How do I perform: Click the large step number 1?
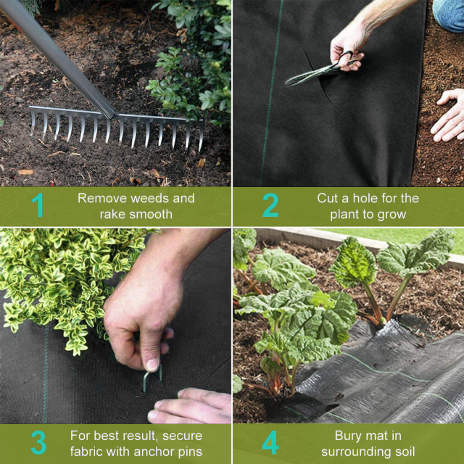(38, 204)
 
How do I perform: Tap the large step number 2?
(270, 204)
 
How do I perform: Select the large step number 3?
(38, 442)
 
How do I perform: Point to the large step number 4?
(270, 442)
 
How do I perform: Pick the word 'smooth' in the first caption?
(151, 215)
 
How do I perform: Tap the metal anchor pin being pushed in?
(152, 378)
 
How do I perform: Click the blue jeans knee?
(448, 14)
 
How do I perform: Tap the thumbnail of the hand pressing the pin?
(153, 365)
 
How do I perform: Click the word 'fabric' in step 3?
(86, 452)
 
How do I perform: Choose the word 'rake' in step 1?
(112, 215)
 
